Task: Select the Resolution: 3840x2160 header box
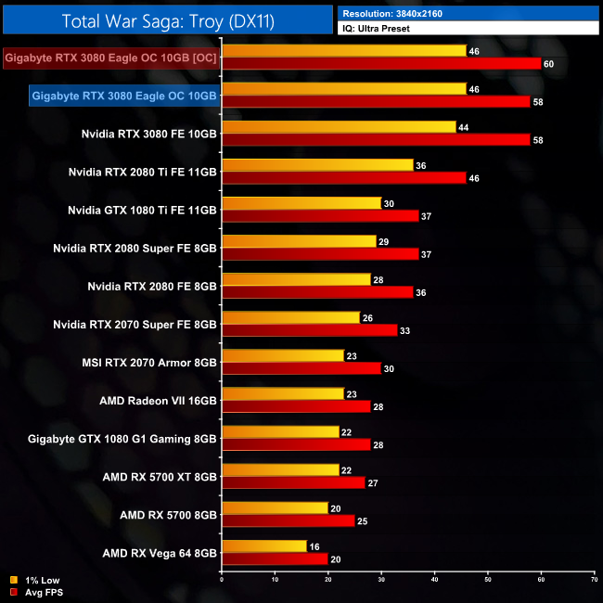point(468,13)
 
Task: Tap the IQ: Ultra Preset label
point(468,29)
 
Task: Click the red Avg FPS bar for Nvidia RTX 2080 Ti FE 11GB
point(343,177)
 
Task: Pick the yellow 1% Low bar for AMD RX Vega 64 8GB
point(264,545)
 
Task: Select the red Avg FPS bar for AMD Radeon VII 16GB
point(296,406)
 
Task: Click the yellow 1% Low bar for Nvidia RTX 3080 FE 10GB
point(339,126)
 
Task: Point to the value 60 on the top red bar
point(548,63)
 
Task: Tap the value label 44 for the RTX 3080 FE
point(463,126)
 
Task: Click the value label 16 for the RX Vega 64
point(314,545)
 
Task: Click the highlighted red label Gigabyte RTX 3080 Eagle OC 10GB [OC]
point(110,57)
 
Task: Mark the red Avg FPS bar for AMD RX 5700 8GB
point(288,520)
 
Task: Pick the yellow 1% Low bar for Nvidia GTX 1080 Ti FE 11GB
point(301,203)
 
